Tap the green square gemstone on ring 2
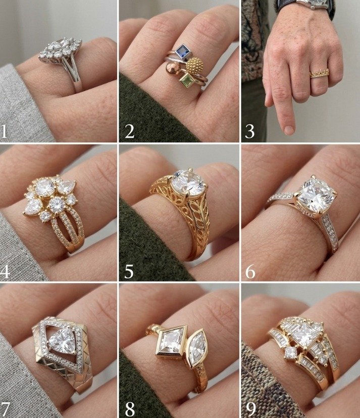pos(186,80)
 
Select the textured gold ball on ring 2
pos(195,65)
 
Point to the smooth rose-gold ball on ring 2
pos(173,69)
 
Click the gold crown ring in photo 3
pos(319,73)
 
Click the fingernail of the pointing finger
pos(289,130)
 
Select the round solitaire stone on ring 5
pos(188,183)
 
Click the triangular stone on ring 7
pos(62,341)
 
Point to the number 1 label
pos(4,131)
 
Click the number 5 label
pos(129,272)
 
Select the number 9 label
pos(250,409)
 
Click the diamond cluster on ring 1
pos(61,50)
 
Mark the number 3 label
pos(250,131)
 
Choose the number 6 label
pos(250,272)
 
